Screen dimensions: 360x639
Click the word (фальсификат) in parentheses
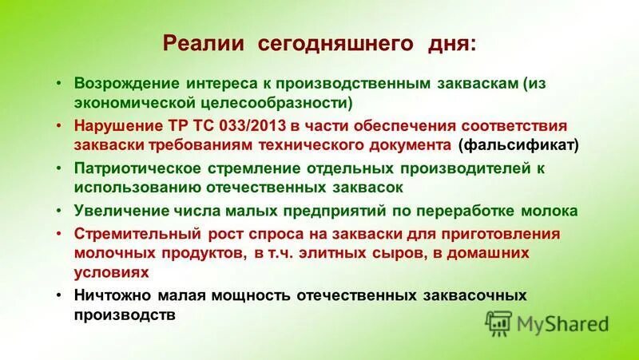[508, 145]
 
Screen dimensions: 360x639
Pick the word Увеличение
[117, 212]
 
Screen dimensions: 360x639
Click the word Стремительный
[131, 234]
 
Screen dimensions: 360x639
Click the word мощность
[248, 295]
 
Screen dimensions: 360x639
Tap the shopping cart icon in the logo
[498, 323]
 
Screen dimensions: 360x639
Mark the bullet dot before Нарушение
[60, 126]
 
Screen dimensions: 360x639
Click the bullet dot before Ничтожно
[60, 295]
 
